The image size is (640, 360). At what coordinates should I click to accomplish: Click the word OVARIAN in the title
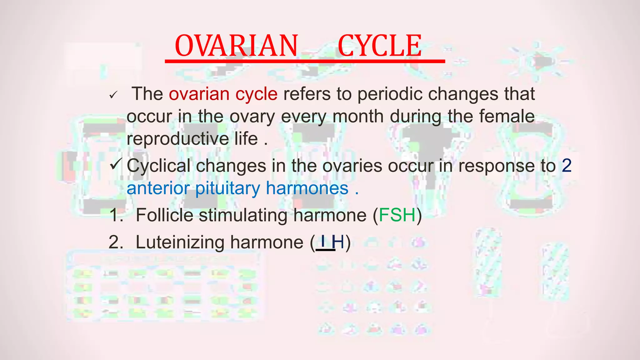(236, 46)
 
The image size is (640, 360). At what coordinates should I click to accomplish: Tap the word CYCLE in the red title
(380, 46)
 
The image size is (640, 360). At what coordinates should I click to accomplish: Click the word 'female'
(507, 116)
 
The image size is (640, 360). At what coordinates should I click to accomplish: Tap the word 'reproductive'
(178, 139)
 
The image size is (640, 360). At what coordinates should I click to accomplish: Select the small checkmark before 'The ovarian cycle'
(113, 95)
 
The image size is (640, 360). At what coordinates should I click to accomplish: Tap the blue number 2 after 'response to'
(567, 166)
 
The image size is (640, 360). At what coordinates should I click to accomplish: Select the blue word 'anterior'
(158, 188)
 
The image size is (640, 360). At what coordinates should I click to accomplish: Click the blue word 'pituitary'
(227, 189)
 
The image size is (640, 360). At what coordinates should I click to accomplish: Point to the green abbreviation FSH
(397, 215)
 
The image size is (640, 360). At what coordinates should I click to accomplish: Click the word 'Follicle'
(164, 215)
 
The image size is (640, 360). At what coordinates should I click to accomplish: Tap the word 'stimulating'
(243, 216)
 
